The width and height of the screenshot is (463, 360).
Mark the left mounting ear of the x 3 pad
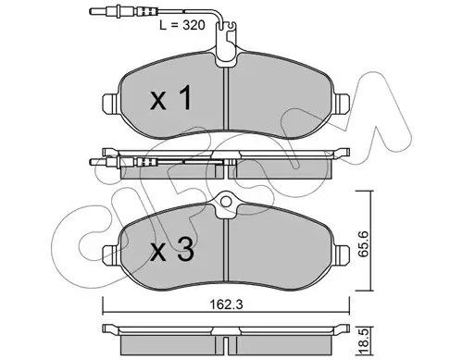108,251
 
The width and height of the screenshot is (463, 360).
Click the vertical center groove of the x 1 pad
228,102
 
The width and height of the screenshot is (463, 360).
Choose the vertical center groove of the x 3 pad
228,250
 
